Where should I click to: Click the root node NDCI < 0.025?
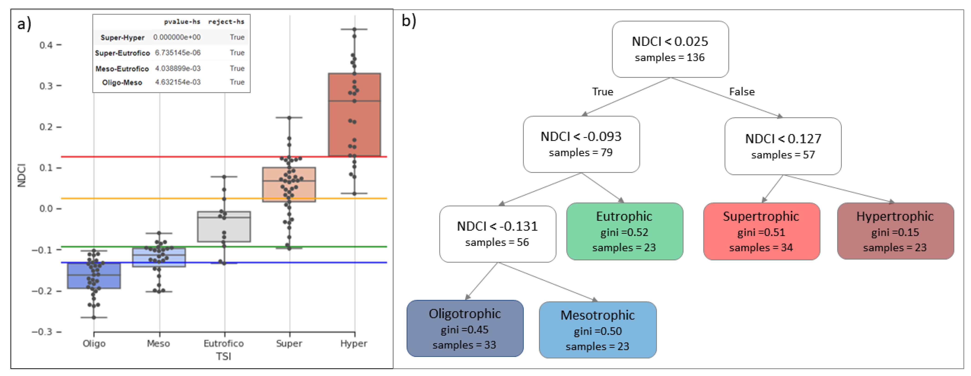(x=670, y=49)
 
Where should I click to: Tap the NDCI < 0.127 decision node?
(x=783, y=146)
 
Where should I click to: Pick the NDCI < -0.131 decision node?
(x=498, y=234)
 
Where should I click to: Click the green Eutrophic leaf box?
(x=625, y=231)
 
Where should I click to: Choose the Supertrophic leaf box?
(x=761, y=231)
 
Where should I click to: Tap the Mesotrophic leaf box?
(x=598, y=330)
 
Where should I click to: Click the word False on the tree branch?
(x=742, y=92)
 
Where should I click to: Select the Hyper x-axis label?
(x=354, y=343)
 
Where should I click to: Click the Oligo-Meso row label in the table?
(x=122, y=83)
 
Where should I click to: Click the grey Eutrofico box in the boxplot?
(x=224, y=227)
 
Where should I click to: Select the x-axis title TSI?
(x=224, y=356)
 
